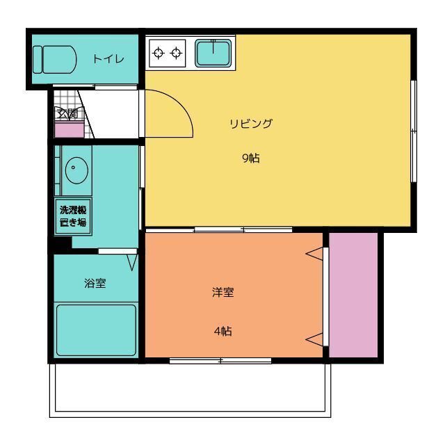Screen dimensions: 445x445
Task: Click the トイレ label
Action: click(x=108, y=59)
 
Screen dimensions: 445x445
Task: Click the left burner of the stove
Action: click(x=159, y=53)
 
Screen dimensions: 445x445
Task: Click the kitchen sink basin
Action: click(x=213, y=53)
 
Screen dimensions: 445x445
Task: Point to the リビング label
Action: click(x=251, y=124)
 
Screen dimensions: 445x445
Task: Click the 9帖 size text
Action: click(x=251, y=159)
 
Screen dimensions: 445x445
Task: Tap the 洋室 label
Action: click(x=222, y=292)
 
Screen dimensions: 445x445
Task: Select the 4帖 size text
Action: click(x=222, y=331)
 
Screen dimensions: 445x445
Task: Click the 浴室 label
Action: click(x=95, y=283)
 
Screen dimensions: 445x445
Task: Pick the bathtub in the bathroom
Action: click(x=95, y=330)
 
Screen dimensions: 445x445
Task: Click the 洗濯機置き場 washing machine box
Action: click(x=72, y=216)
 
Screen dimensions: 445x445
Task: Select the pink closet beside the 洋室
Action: click(x=353, y=293)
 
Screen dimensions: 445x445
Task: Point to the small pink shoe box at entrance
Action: click(x=69, y=130)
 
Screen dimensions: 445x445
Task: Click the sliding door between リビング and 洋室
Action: click(x=242, y=229)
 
